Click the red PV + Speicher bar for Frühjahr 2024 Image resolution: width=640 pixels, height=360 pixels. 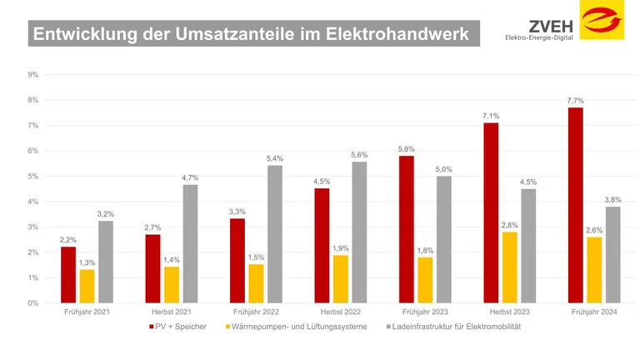(575, 205)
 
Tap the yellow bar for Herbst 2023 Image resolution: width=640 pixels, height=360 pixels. (509, 267)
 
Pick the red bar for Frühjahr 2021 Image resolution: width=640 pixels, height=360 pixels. (68, 274)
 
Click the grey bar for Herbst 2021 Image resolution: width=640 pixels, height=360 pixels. (190, 243)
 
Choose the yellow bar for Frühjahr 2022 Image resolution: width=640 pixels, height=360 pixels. (256, 283)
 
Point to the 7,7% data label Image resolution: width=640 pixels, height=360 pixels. (575, 100)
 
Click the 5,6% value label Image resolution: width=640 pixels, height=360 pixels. (359, 154)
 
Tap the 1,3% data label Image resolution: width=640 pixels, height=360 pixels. (87, 262)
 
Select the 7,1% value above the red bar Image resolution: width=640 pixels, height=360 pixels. (491, 116)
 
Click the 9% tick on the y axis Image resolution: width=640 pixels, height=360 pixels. (32, 75)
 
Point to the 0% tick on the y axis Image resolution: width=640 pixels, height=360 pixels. (32, 303)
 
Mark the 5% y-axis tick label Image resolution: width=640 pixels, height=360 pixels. (32, 177)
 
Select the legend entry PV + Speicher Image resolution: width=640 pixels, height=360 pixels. (181, 327)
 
